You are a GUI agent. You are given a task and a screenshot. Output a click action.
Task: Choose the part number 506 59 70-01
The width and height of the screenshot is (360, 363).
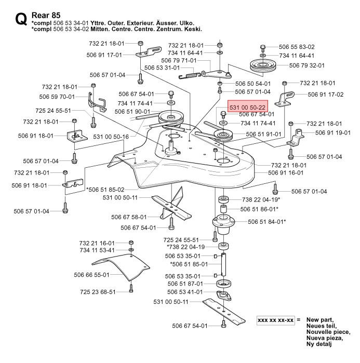coord(57,97)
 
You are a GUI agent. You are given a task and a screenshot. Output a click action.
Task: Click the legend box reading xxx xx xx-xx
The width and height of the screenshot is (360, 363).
coord(276,320)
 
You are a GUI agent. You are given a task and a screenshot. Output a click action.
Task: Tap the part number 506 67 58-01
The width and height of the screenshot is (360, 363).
coord(129,217)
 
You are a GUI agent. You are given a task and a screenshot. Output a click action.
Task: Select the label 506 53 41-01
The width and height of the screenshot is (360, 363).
coord(185,292)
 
